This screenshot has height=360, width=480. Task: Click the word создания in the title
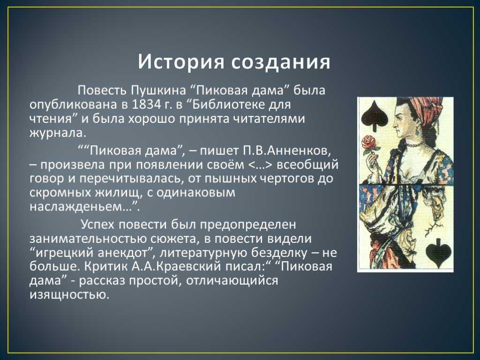[x=281, y=62]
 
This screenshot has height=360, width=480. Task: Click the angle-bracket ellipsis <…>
[x=260, y=165]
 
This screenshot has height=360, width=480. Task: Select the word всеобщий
[x=307, y=165]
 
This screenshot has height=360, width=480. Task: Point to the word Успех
[x=97, y=225]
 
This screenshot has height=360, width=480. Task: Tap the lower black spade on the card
[x=438, y=250]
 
